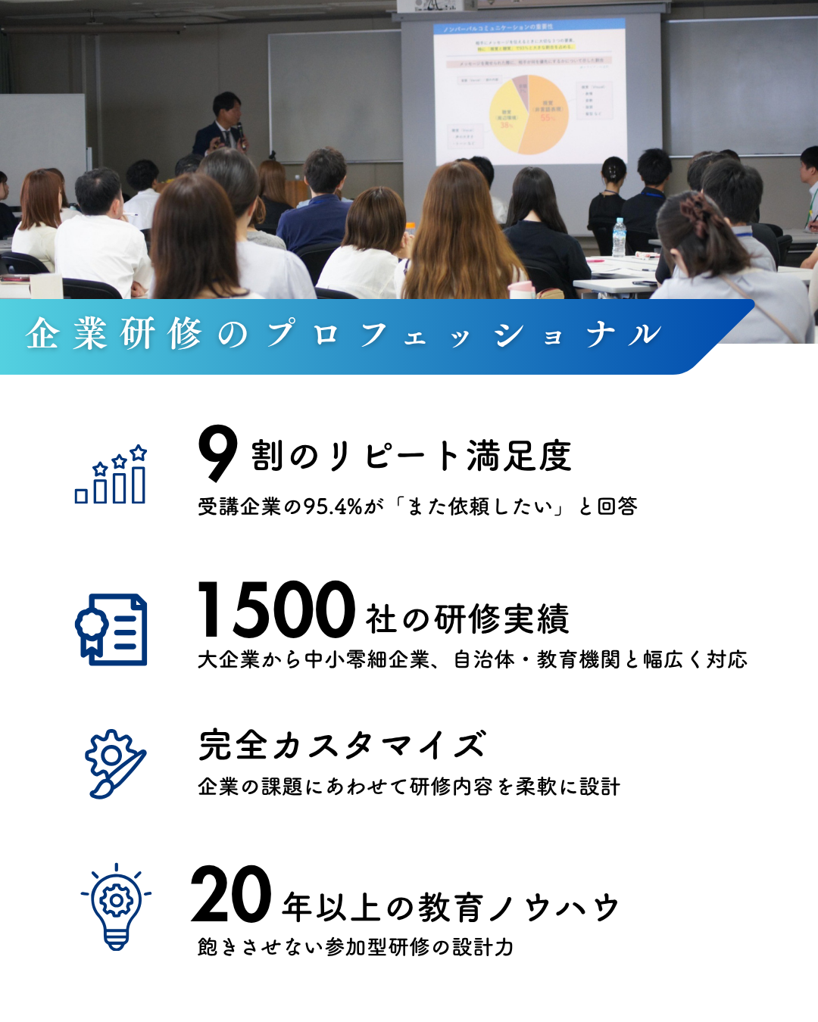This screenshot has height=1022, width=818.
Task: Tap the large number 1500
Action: pos(276,609)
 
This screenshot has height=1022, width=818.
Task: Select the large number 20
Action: pos(231,895)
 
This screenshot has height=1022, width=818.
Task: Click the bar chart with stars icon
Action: pos(111,475)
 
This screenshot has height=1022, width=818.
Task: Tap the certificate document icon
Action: pos(111,630)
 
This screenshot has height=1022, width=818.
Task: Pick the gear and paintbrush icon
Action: pos(114,763)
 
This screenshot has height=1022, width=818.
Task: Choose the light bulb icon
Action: pos(116,906)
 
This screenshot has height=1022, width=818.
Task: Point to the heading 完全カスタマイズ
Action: pos(342,745)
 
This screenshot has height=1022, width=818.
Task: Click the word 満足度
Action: pos(519,456)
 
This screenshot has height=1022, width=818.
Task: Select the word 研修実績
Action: pos(501,619)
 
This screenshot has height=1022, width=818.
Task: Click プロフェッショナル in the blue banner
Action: pos(464,334)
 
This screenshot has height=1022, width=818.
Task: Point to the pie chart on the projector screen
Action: pos(529,114)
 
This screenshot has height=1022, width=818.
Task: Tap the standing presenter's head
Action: pos(226,107)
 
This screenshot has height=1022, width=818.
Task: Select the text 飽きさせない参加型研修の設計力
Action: pos(355,947)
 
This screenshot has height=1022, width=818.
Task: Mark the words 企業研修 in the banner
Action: pos(114,334)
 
